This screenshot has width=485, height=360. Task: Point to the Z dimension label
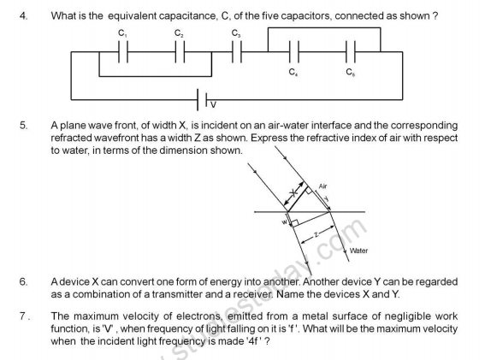coord(316,231)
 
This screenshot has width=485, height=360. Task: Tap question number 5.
coord(23,125)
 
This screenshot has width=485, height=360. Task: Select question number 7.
coord(24,316)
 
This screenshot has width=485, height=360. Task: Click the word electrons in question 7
coord(180,316)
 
